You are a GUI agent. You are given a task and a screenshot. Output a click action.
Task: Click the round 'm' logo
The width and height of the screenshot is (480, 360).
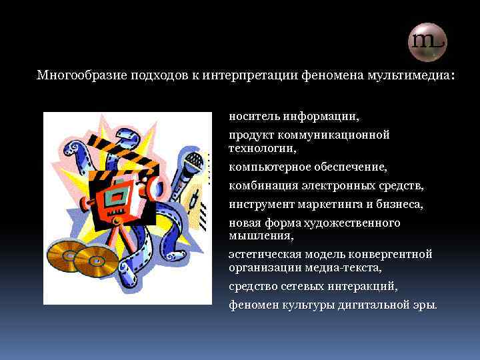click(427, 42)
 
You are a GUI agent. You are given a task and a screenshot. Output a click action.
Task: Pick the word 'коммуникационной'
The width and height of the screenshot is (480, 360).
click(343, 135)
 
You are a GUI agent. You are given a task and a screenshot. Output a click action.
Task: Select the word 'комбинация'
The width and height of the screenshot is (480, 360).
click(260, 185)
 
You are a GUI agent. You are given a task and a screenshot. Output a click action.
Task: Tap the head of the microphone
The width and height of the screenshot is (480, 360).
click(194, 160)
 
